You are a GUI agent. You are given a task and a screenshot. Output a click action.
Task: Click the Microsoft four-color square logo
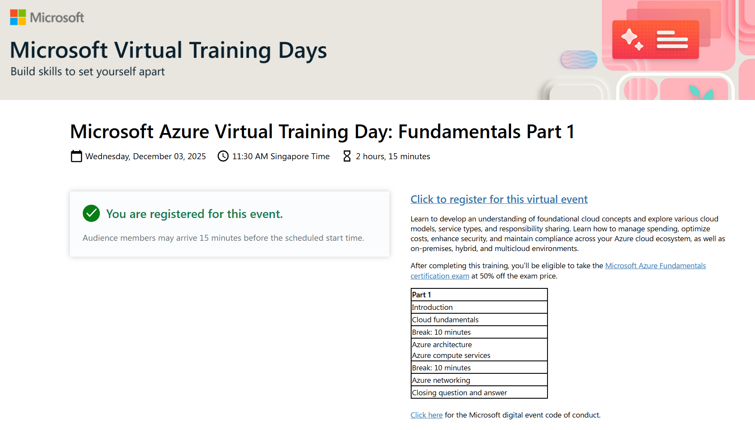pyautogui.click(x=18, y=17)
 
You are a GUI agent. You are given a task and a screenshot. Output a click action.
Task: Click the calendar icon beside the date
pyautogui.click(x=76, y=156)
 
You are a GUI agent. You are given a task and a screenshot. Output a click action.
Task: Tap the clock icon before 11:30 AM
pyautogui.click(x=223, y=156)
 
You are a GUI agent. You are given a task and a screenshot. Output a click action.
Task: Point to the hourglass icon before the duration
pyautogui.click(x=347, y=156)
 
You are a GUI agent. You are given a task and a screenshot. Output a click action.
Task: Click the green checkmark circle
pyautogui.click(x=91, y=213)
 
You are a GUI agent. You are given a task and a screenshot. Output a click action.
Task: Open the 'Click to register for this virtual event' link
pyautogui.click(x=499, y=199)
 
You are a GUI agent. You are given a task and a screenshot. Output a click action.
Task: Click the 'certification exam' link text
pyautogui.click(x=440, y=276)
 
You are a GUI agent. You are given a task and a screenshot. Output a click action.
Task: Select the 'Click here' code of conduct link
pyautogui.click(x=427, y=415)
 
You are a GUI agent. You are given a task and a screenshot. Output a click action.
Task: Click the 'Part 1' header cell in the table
pyautogui.click(x=479, y=295)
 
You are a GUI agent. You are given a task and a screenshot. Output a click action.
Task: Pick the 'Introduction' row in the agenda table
pyautogui.click(x=479, y=307)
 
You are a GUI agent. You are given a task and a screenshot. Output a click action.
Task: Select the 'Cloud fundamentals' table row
pyautogui.click(x=479, y=320)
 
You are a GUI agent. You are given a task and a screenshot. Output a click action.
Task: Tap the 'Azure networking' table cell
pyautogui.click(x=479, y=380)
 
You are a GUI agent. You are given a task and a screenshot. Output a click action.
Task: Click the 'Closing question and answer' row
pyautogui.click(x=479, y=393)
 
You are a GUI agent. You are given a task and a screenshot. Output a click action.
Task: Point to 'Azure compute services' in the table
pyautogui.click(x=451, y=355)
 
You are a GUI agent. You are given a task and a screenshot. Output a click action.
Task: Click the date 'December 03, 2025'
pyautogui.click(x=169, y=157)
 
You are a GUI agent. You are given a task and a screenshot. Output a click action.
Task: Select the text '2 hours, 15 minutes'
pyautogui.click(x=393, y=157)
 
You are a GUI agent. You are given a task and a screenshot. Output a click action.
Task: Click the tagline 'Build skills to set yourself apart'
pyautogui.click(x=87, y=72)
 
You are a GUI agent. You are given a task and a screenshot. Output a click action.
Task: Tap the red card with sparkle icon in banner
pyautogui.click(x=656, y=39)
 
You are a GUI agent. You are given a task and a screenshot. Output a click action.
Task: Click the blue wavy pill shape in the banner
pyautogui.click(x=579, y=59)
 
